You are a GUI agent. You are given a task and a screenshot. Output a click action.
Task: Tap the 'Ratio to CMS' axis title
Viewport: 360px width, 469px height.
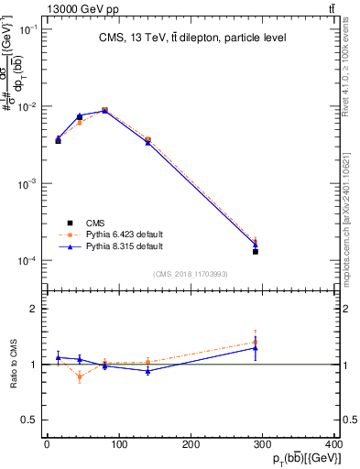tap(14, 364)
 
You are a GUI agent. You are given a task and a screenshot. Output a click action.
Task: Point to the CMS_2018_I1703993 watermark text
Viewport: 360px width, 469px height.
tap(190, 274)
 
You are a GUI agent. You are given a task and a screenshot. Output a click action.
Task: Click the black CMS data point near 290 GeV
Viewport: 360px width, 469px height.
tap(256, 251)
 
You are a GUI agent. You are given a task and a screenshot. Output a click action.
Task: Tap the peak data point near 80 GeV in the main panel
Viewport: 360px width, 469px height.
tap(104, 111)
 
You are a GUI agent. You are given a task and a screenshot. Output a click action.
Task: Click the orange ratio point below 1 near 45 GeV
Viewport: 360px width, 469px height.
tap(80, 376)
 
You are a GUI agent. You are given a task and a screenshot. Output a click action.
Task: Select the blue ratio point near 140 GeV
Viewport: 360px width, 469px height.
tap(147, 371)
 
